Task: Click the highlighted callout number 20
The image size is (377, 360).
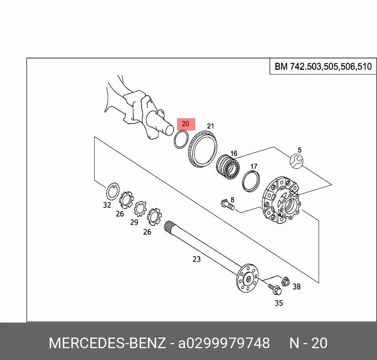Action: point(186,124)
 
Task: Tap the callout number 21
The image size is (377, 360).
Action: point(210,126)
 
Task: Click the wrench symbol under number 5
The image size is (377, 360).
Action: point(297,161)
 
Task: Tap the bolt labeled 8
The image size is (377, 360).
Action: point(227,204)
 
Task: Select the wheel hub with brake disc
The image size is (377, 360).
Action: point(281,200)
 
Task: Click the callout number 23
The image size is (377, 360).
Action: point(196,259)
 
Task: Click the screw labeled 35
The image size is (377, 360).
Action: point(275,289)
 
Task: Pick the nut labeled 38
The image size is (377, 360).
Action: point(286,282)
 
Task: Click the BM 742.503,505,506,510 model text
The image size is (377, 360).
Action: point(323,66)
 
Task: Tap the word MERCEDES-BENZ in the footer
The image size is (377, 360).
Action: point(107,343)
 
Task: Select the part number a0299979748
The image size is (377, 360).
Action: point(224,343)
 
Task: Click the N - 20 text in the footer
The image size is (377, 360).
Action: point(308,343)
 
